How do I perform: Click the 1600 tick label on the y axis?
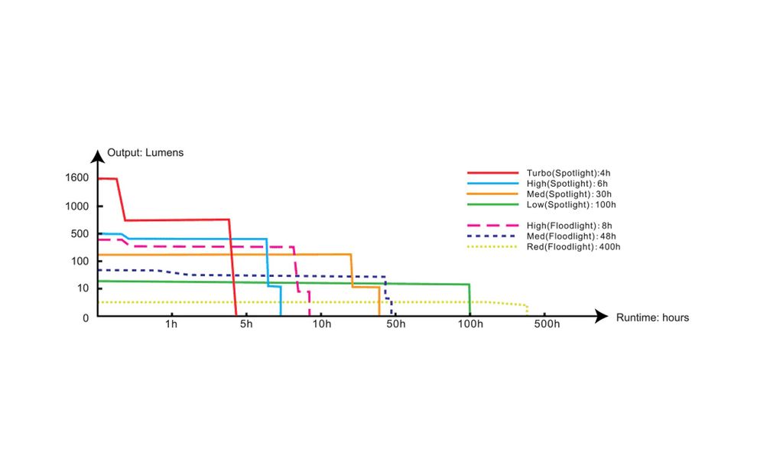point(78,178)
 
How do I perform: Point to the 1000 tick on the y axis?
point(78,207)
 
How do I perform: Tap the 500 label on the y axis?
point(80,234)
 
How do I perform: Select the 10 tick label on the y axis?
point(83,288)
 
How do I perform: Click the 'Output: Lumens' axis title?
point(145,152)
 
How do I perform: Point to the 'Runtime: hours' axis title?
point(652,317)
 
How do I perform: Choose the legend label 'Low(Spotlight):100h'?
point(571,205)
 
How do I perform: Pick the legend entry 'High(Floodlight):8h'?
point(570,226)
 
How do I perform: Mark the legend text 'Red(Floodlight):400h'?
point(573,247)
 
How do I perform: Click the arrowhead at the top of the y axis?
point(97,157)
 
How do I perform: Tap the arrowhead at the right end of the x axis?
point(603,316)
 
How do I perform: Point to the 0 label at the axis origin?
point(86,317)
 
